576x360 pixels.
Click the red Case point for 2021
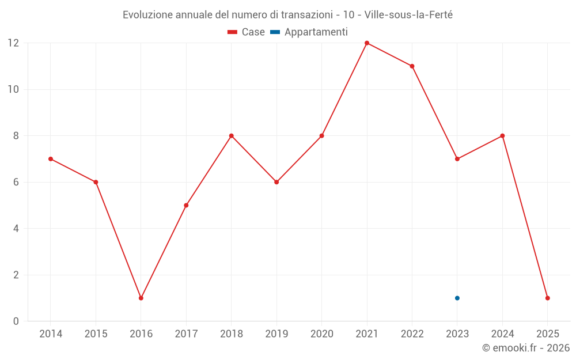(x=367, y=43)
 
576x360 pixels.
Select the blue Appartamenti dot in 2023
(x=457, y=298)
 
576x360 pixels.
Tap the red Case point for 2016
(x=141, y=298)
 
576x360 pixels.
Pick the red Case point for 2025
(x=548, y=298)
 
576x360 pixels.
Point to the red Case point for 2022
(x=412, y=66)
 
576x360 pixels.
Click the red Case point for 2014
(x=51, y=159)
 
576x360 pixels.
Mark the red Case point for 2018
(x=232, y=136)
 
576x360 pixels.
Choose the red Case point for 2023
(x=457, y=159)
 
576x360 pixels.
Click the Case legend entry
(x=246, y=32)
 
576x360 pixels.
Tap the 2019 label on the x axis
(x=276, y=334)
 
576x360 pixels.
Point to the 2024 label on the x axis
(x=502, y=334)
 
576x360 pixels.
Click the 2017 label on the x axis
(x=186, y=334)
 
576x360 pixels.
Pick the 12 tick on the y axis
(x=13, y=43)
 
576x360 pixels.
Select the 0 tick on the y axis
(x=16, y=321)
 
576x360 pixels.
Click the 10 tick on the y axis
(x=13, y=89)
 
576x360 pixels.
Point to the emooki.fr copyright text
(x=526, y=348)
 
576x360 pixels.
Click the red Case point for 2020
(x=322, y=136)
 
